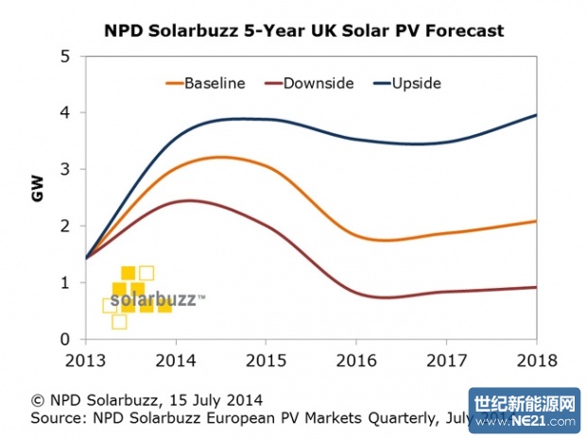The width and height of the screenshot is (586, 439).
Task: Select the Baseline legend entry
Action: pyautogui.click(x=215, y=83)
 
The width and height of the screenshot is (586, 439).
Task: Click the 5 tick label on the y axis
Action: pyautogui.click(x=65, y=57)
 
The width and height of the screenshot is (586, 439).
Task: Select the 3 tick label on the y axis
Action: pyautogui.click(x=65, y=170)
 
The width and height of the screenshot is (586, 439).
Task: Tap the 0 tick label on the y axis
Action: pyautogui.click(x=65, y=340)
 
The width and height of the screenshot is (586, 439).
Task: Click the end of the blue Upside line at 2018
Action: pyautogui.click(x=537, y=115)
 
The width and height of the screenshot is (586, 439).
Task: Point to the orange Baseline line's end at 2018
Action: pyautogui.click(x=537, y=221)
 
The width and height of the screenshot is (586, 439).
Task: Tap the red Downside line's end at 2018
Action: pyautogui.click(x=537, y=287)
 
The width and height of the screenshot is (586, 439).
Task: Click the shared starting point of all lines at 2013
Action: pyautogui.click(x=86, y=258)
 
